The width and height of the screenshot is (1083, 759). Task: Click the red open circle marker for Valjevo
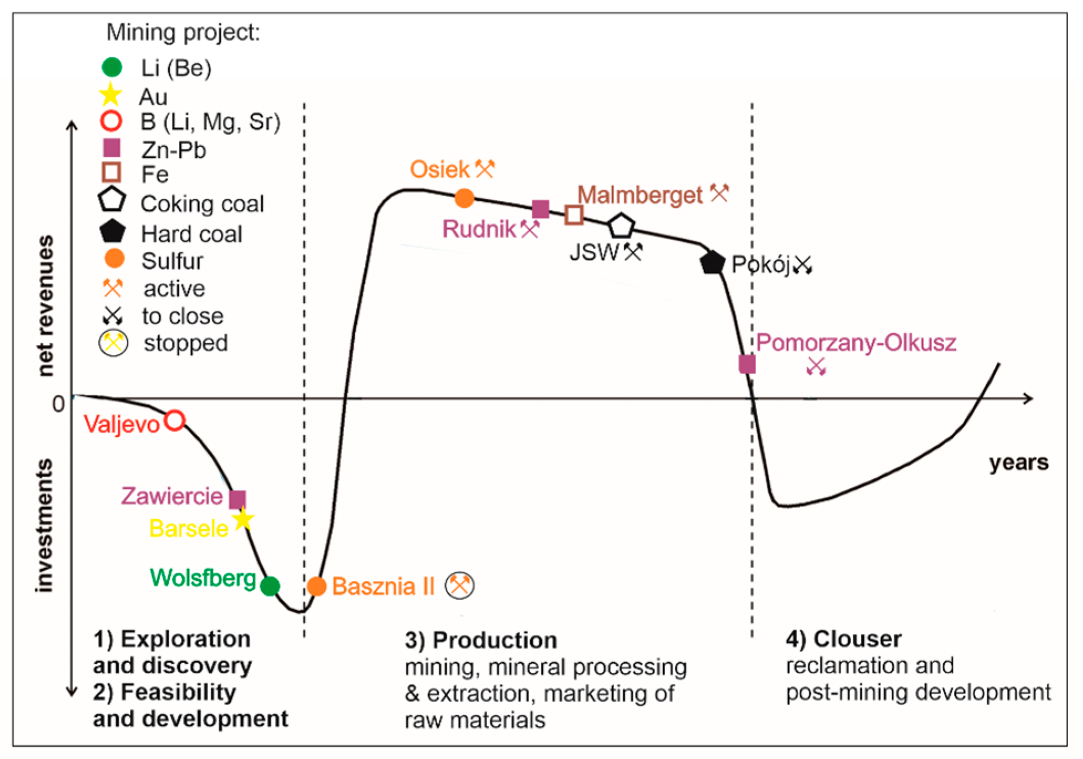(175, 421)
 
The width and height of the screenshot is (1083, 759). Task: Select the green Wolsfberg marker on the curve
(270, 585)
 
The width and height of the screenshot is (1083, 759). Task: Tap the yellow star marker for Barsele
(242, 519)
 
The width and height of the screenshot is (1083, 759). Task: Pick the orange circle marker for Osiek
(464, 198)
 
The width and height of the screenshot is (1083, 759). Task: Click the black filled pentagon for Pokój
(712, 262)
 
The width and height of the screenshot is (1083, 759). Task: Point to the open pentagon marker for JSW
(620, 226)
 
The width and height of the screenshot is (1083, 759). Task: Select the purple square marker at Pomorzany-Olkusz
(747, 364)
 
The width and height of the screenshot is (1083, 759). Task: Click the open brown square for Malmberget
(574, 215)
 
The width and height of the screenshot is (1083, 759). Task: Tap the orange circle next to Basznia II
(317, 586)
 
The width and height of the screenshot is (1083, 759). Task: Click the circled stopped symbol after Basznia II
(460, 585)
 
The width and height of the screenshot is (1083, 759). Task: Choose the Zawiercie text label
(172, 496)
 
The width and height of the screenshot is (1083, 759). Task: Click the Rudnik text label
(479, 229)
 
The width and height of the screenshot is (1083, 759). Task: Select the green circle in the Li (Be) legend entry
(112, 67)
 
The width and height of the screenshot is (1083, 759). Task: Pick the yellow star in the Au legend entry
(111, 95)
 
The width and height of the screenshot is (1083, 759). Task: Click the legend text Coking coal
(202, 204)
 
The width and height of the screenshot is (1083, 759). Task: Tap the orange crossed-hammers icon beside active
(113, 288)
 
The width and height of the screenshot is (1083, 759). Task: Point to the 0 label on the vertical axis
(58, 404)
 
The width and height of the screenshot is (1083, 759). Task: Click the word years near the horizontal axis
(1018, 462)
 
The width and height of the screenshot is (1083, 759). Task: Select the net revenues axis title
(46, 306)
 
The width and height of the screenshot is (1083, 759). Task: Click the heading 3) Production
(480, 640)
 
